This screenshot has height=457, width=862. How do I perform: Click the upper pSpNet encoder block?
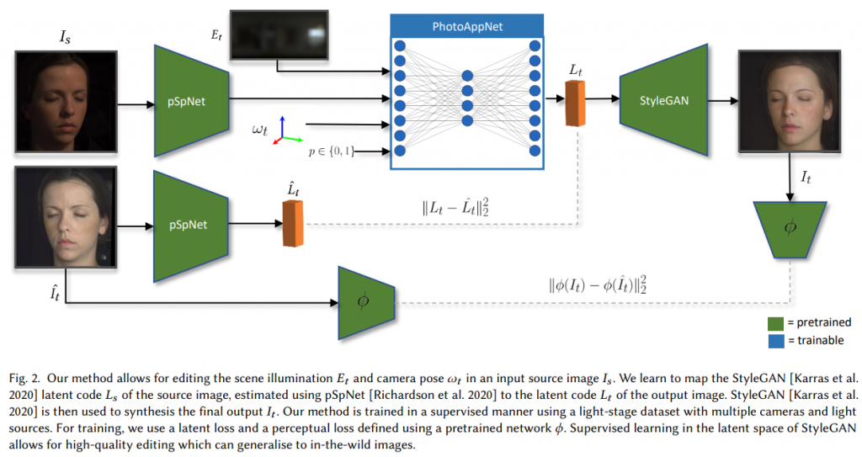click(x=192, y=101)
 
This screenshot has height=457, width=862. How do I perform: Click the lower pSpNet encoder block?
click(x=192, y=225)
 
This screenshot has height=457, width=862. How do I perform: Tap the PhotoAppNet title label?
click(x=467, y=27)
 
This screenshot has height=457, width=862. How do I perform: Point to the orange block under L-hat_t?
click(x=293, y=224)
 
